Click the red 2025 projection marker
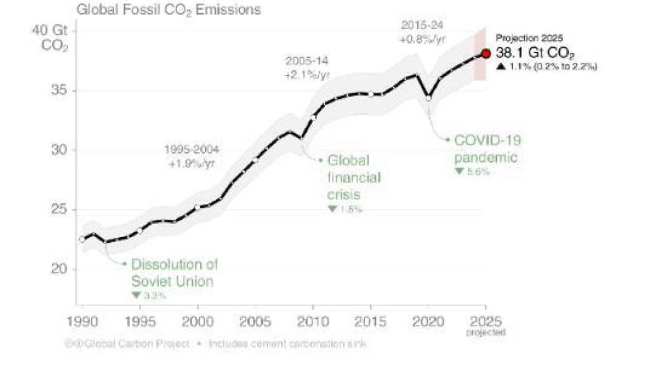[486, 54]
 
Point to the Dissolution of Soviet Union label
[172, 272]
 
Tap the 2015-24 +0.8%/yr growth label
[422, 32]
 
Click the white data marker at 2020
[428, 98]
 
